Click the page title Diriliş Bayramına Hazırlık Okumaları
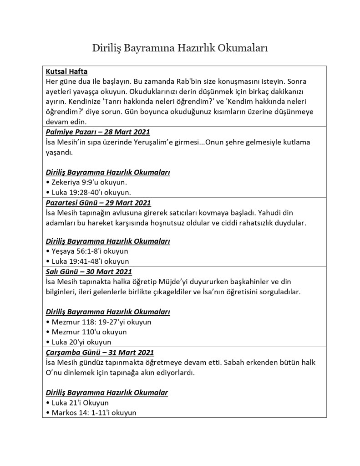(x=180, y=47)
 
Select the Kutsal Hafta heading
(x=66, y=72)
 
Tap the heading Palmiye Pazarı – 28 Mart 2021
(x=97, y=132)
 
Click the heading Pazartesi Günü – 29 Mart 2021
(x=98, y=202)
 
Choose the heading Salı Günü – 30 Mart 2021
(x=89, y=272)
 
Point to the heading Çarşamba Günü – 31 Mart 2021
(x=100, y=353)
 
